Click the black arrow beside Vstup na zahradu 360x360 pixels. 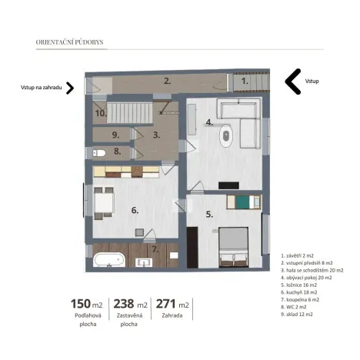[70, 88]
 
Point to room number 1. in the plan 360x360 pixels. [245, 80]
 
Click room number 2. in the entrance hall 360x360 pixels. [167, 80]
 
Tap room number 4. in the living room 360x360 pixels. [209, 122]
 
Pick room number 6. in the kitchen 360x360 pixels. [134, 209]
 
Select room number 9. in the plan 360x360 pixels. [116, 135]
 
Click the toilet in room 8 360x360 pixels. [98, 152]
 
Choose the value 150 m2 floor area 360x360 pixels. [86, 304]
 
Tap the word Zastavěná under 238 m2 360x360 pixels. [129, 315]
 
